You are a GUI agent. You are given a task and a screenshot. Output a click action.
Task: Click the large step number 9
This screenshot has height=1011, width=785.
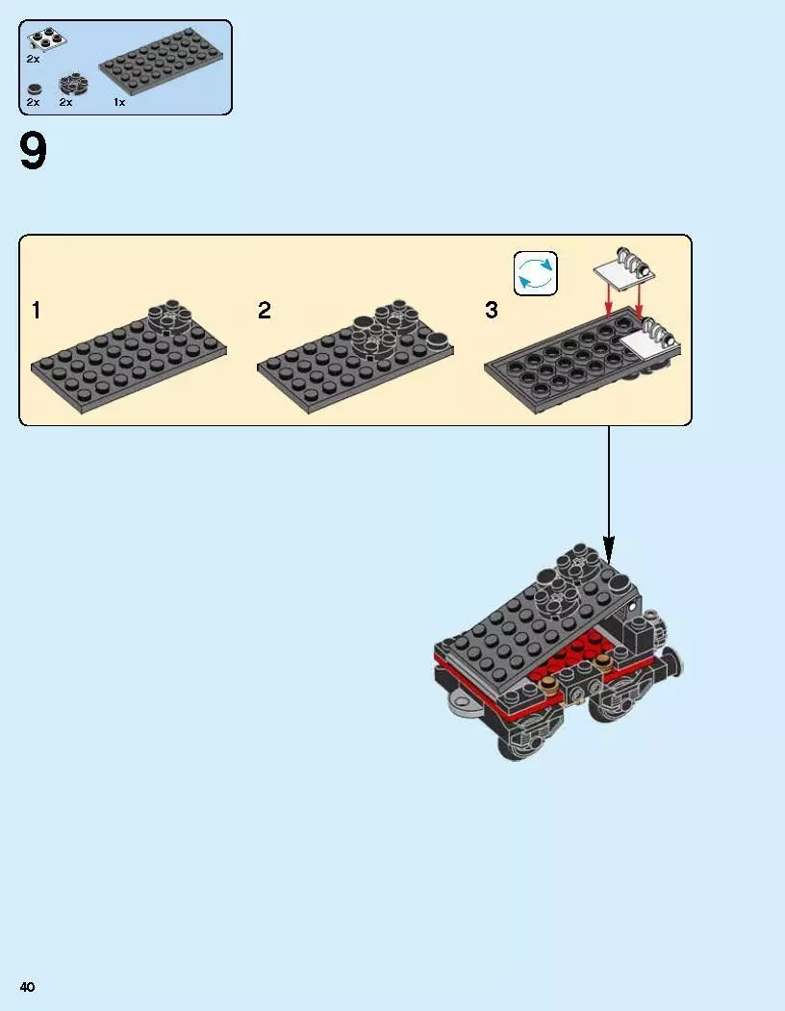click(x=34, y=151)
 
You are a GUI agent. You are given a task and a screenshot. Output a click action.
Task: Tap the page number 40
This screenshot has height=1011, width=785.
click(x=27, y=987)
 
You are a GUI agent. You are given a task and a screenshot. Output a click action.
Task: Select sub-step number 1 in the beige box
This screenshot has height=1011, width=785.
click(x=37, y=310)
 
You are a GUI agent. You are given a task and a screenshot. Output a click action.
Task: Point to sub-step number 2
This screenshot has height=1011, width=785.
click(x=265, y=310)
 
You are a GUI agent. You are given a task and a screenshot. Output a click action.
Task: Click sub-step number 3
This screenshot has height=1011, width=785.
click(x=492, y=310)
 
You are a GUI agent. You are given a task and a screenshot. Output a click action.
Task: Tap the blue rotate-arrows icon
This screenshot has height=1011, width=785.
click(x=536, y=273)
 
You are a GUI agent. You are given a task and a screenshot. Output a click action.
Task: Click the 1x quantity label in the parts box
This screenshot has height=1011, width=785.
click(x=119, y=102)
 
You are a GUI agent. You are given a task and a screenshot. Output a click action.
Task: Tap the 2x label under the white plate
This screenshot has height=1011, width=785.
click(x=33, y=59)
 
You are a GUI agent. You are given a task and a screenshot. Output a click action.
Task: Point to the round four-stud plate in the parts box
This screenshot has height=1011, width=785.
click(x=73, y=85)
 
